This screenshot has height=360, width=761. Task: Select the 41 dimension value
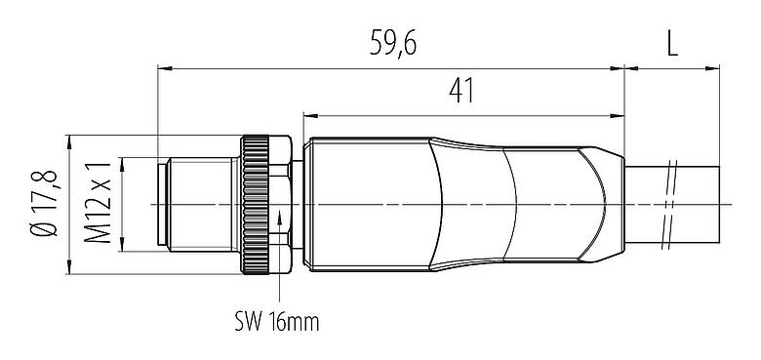tap(462, 91)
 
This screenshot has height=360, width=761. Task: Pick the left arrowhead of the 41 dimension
tap(309, 114)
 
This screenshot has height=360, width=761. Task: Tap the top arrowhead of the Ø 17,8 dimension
tap(70, 139)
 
